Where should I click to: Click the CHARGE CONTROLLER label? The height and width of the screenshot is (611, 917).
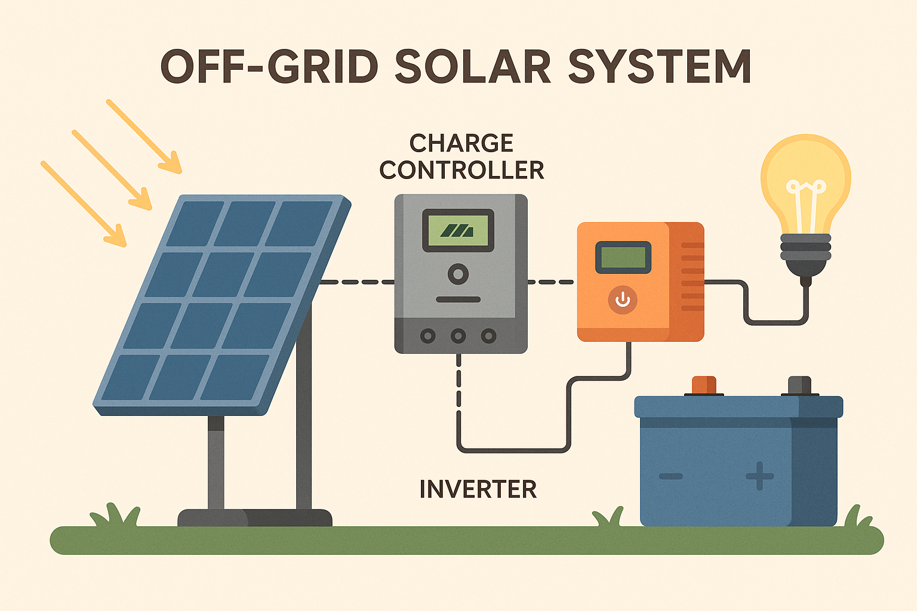pyautogui.click(x=461, y=157)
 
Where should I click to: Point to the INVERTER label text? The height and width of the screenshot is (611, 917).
pyautogui.click(x=478, y=489)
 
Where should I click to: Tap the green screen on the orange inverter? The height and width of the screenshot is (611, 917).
pyautogui.click(x=623, y=257)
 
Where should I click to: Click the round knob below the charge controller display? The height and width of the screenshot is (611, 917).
pyautogui.click(x=458, y=274)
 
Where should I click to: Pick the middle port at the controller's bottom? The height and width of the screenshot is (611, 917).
pyautogui.click(x=458, y=336)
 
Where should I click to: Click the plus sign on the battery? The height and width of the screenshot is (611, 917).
pyautogui.click(x=759, y=476)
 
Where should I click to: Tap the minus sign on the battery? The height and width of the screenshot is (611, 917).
pyautogui.click(x=671, y=476)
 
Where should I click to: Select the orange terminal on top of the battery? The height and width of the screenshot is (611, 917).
pyautogui.click(x=704, y=385)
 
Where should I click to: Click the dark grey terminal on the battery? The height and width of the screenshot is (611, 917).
pyautogui.click(x=799, y=385)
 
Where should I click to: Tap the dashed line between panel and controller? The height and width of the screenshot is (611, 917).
pyautogui.click(x=357, y=282)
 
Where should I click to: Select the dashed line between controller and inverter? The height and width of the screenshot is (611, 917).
pyautogui.click(x=550, y=282)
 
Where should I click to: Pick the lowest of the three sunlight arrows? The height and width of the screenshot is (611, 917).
pyautogui.click(x=84, y=203)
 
